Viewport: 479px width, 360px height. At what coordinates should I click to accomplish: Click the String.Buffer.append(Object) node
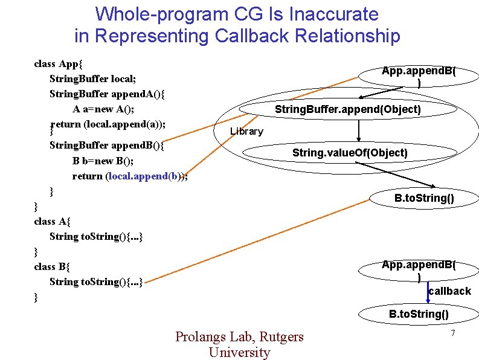347,109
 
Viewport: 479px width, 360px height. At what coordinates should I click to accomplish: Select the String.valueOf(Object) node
350,153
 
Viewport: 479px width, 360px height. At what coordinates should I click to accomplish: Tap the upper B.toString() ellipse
424,198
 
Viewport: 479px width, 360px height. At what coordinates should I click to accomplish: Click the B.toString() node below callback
419,313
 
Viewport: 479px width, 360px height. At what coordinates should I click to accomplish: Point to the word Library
246,131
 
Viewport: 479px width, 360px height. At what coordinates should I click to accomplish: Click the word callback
449,291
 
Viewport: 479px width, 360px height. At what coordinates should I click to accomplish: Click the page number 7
451,334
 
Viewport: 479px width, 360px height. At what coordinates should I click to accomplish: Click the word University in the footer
239,352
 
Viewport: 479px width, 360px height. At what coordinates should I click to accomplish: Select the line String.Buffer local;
92,79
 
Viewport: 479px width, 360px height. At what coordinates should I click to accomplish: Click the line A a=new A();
103,109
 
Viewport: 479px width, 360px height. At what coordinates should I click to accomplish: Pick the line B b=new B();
103,161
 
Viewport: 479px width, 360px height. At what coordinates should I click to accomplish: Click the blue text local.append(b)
146,176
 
